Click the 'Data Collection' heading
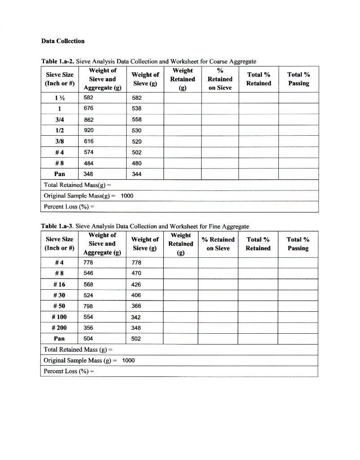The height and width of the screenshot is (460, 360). coord(63,41)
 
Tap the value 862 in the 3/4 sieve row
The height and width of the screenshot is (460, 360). coord(89,120)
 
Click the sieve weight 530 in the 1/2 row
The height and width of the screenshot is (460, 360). coord(137,131)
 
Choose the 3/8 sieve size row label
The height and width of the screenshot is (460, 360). coord(59,141)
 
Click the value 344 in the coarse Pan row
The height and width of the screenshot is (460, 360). coord(137,174)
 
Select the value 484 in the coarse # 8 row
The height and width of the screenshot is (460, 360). coord(89,163)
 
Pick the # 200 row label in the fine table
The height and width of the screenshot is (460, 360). coord(59,328)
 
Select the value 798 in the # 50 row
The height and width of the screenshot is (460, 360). coord(88,306)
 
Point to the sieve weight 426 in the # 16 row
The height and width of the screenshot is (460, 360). coord(136,284)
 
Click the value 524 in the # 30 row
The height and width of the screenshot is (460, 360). coord(88,296)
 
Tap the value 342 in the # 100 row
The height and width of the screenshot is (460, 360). coord(136,317)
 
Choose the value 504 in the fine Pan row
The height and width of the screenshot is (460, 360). coord(88,339)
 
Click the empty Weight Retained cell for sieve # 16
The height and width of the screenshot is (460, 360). coord(181,284)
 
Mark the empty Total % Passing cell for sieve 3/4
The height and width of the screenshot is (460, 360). coord(298,120)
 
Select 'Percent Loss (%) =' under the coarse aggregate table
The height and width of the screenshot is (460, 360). coord(69,207)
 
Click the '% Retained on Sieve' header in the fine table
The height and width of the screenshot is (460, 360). coord(218,244)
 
